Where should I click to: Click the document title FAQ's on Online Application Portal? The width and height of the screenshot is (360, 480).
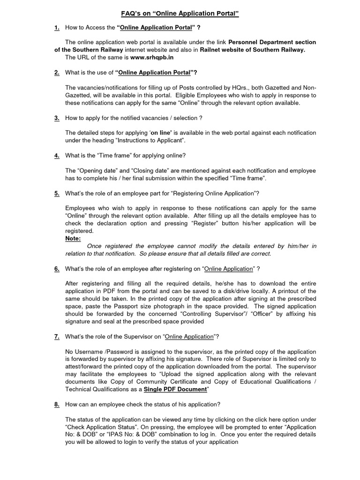(180, 14)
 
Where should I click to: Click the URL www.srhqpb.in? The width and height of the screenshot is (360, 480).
(152, 57)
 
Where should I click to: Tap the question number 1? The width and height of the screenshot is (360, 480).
(57, 28)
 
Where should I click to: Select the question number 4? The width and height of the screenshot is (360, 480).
(57, 156)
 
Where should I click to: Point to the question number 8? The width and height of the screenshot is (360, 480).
(57, 405)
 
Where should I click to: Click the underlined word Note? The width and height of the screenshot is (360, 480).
(73, 239)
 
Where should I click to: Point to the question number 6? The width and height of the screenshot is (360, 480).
(57, 269)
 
